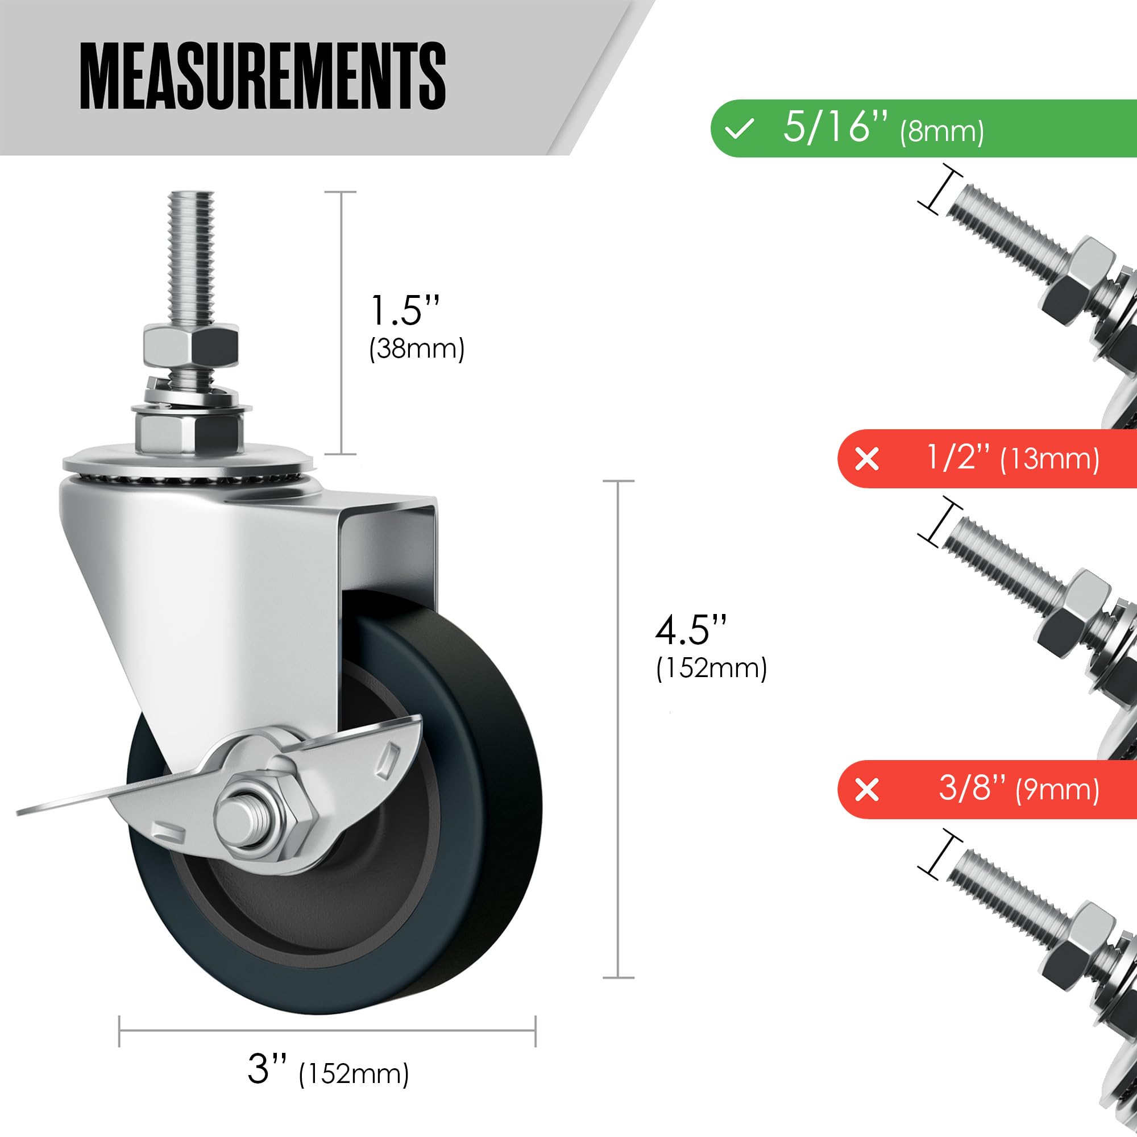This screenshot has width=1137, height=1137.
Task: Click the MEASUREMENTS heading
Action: pos(263,77)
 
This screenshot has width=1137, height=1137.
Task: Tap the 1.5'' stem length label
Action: pos(405,310)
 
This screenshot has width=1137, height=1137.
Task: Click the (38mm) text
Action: pos(417,349)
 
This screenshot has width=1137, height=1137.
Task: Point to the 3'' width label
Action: pos(267,1069)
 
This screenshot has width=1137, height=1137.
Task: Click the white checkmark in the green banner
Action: pos(740,128)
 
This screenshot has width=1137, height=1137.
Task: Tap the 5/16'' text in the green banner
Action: pos(835,127)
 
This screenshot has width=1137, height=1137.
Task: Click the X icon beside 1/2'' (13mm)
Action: pos(867,459)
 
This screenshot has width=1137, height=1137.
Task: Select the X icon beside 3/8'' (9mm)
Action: pos(867,790)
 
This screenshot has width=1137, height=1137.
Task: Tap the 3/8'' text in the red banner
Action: pos(972,788)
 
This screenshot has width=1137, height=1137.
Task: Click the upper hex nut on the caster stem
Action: pos(190,345)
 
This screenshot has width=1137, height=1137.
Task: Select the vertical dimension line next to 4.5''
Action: pos(618,730)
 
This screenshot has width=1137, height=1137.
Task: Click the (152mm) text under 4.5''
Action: pos(711,669)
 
